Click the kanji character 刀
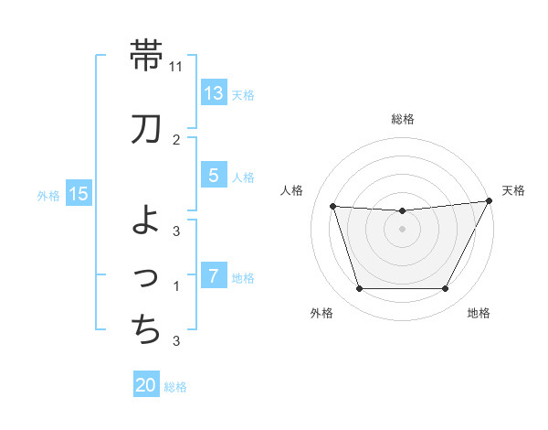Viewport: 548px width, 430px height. pyautogui.click(x=146, y=130)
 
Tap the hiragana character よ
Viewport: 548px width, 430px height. pyautogui.click(x=146, y=220)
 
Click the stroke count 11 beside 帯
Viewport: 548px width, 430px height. pyautogui.click(x=176, y=67)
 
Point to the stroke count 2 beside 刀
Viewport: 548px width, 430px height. pyautogui.click(x=176, y=140)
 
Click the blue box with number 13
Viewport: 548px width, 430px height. pyautogui.click(x=214, y=93)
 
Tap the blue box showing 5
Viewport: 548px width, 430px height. pyautogui.click(x=214, y=176)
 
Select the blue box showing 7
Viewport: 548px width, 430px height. pyautogui.click(x=214, y=276)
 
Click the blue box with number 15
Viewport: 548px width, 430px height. pyautogui.click(x=79, y=194)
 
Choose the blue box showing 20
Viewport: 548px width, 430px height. pyautogui.click(x=146, y=385)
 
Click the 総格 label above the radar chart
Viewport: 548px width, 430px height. pyautogui.click(x=403, y=119)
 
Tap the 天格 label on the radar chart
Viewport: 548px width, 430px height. pyautogui.click(x=513, y=190)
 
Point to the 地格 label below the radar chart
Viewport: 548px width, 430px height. pyautogui.click(x=479, y=313)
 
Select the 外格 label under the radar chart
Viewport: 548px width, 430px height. pyautogui.click(x=321, y=313)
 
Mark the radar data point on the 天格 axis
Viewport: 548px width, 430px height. pyautogui.click(x=490, y=201)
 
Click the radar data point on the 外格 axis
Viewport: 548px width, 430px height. pyautogui.click(x=359, y=289)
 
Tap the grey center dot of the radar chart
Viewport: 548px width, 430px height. pyautogui.click(x=403, y=229)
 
